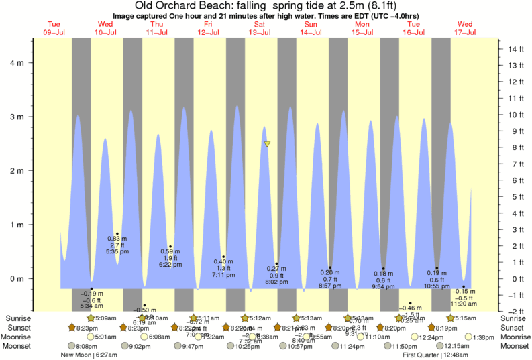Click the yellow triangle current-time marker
click(x=267, y=144)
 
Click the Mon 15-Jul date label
click(x=362, y=28)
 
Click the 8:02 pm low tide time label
click(x=276, y=282)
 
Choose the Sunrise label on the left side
click(x=18, y=318)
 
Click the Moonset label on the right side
click(x=515, y=346)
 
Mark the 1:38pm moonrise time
click(x=485, y=337)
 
